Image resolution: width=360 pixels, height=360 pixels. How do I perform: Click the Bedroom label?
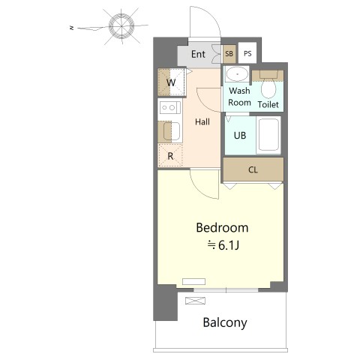[222, 228]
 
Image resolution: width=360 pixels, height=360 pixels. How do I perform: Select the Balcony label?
[225, 322]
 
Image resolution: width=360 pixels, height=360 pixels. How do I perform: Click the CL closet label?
[253, 170]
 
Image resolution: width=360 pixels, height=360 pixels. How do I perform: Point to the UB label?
[240, 136]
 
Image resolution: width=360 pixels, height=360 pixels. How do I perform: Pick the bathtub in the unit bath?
[268, 135]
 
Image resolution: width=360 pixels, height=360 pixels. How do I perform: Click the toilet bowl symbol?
[268, 86]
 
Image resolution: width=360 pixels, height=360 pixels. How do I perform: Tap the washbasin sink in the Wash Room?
[237, 74]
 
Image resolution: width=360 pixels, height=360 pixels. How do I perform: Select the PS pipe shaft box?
[247, 53]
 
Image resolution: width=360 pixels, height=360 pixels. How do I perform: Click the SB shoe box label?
[229, 53]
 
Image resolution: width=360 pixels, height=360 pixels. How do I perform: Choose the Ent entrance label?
[198, 54]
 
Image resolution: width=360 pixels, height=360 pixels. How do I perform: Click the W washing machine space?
[172, 82]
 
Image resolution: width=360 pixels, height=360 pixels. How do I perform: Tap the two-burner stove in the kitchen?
[169, 108]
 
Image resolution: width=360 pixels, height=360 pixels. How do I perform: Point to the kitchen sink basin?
[172, 131]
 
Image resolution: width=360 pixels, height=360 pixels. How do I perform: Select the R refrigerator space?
[170, 156]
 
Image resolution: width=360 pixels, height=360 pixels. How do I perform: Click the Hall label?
[202, 122]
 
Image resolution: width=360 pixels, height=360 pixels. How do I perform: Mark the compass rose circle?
[121, 26]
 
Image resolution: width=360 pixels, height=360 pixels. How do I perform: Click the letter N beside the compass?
[72, 28]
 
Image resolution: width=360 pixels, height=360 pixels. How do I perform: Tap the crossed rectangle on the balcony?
[195, 301]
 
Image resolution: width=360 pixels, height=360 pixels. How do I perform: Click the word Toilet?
[268, 104]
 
